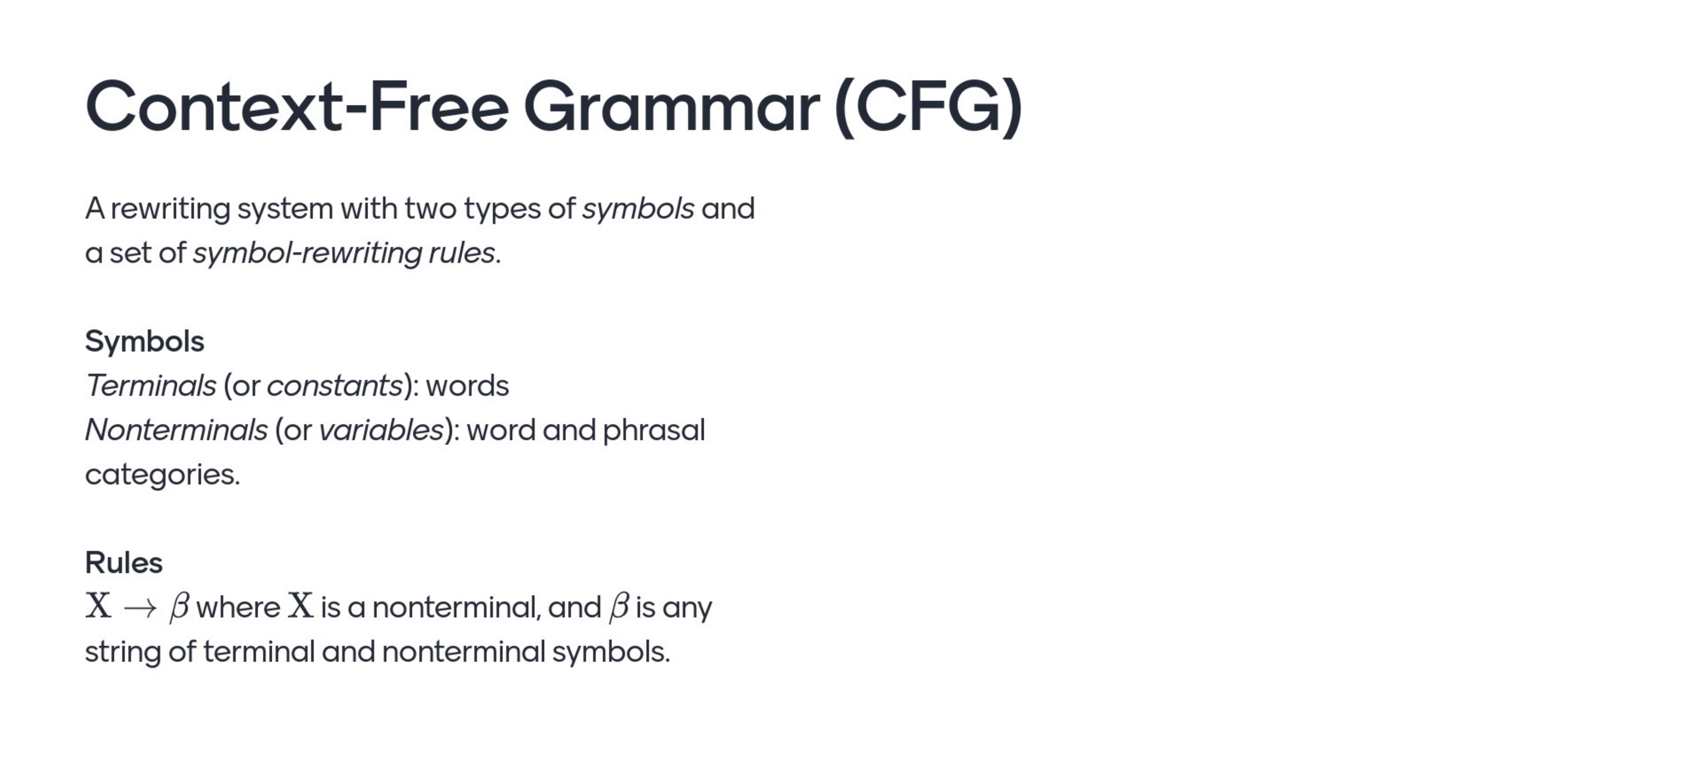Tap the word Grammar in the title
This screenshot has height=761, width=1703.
pos(672,107)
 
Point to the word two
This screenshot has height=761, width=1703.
pos(430,209)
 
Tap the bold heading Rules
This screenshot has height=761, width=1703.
pos(124,563)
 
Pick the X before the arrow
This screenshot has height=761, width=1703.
pos(98,606)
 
